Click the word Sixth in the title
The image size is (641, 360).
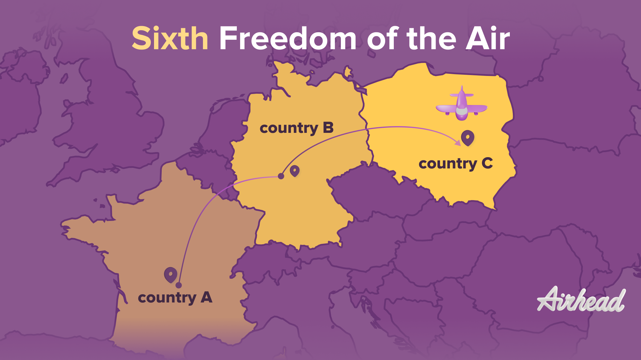[x=170, y=39]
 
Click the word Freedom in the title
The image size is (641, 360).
[x=288, y=39]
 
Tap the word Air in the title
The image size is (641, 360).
[x=488, y=39]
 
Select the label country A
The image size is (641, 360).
[x=175, y=298]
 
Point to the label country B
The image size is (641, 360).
[x=296, y=128]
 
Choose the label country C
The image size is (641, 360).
[x=456, y=164]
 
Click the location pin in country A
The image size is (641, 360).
[x=171, y=275]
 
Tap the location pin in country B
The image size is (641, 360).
[x=295, y=171]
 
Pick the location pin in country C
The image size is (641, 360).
[x=468, y=138]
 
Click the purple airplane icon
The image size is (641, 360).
[x=461, y=105]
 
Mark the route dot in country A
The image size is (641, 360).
[x=178, y=285]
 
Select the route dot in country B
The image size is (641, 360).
[x=281, y=176]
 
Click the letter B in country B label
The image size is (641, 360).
[x=328, y=128]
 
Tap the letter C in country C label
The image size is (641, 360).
[x=487, y=163]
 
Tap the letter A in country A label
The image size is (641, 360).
[x=207, y=297]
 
